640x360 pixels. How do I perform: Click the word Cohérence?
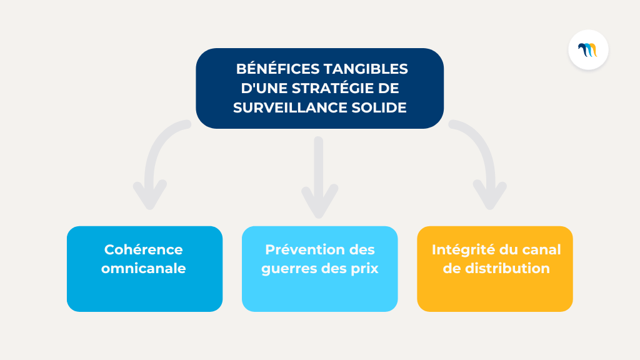tap(144, 249)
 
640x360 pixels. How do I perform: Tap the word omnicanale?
tap(144, 269)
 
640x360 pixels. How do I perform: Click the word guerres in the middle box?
tap(284, 269)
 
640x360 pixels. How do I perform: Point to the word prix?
tap(364, 269)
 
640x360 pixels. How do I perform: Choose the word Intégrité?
tap(461, 249)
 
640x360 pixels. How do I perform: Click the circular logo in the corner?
tap(588, 49)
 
